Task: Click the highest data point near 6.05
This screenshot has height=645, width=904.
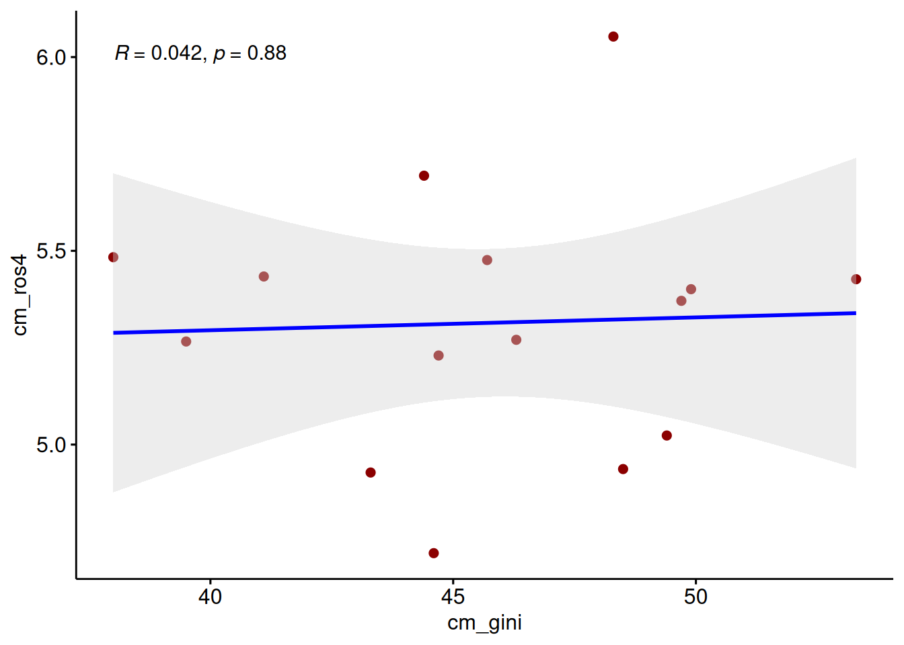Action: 613,36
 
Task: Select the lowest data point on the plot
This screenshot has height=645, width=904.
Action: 433,553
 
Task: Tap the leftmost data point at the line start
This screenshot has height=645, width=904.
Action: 113,257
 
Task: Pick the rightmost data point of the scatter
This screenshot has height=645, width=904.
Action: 856,279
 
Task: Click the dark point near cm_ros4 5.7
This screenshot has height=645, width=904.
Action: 424,175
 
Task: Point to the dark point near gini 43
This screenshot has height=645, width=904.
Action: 370,472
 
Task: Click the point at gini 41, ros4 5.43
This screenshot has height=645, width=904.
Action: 264,276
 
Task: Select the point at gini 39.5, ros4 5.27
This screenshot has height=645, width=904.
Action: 186,341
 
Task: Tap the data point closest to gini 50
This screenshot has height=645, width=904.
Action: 691,289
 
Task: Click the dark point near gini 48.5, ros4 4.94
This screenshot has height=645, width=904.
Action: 623,469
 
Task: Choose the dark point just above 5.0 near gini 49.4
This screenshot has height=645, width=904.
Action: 667,435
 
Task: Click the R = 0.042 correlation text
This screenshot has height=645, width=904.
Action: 158,53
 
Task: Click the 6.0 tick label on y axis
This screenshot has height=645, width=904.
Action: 51,58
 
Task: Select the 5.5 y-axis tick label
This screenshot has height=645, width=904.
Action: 51,251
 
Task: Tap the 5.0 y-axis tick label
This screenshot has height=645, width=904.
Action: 51,445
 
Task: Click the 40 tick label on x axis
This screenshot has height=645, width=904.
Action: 210,596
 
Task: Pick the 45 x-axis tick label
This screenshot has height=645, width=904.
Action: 453,596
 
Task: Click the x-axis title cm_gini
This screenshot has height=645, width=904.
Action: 484,623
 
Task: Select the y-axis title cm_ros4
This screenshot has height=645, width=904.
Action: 20,294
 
